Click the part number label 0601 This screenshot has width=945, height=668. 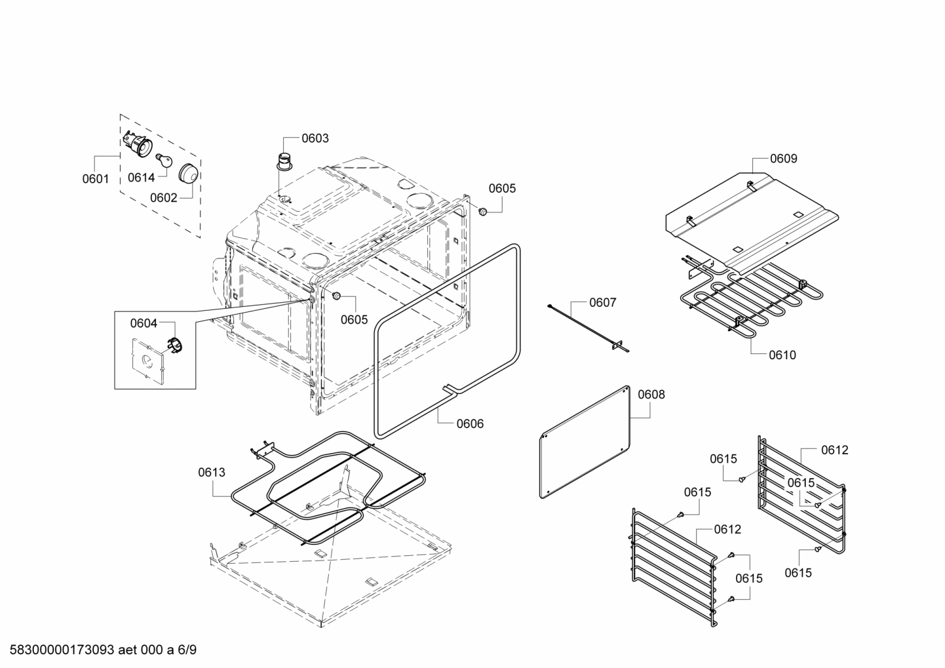coord(96,178)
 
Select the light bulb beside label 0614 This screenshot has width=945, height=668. coord(163,160)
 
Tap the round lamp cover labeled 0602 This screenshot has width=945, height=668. coord(190,174)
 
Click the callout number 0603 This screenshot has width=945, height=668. coord(315,138)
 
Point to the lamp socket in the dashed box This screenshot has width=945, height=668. coord(137,144)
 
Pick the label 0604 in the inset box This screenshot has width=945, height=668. coord(144,323)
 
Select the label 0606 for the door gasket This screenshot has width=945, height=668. coord(470,423)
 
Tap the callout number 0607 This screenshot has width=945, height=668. coord(602,302)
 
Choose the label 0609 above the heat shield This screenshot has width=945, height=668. coord(783,159)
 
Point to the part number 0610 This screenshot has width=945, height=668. coord(782,355)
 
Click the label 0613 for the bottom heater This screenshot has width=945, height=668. coord(212,472)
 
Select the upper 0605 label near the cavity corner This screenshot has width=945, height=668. coord(502,189)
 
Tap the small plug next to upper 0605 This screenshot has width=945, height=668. coord(483,211)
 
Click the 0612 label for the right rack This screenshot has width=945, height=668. coord(834,450)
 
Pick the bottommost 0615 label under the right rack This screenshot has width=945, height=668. coord(798,573)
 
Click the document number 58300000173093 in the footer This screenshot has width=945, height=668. coord(58,650)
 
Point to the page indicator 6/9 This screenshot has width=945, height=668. coord(187,650)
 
